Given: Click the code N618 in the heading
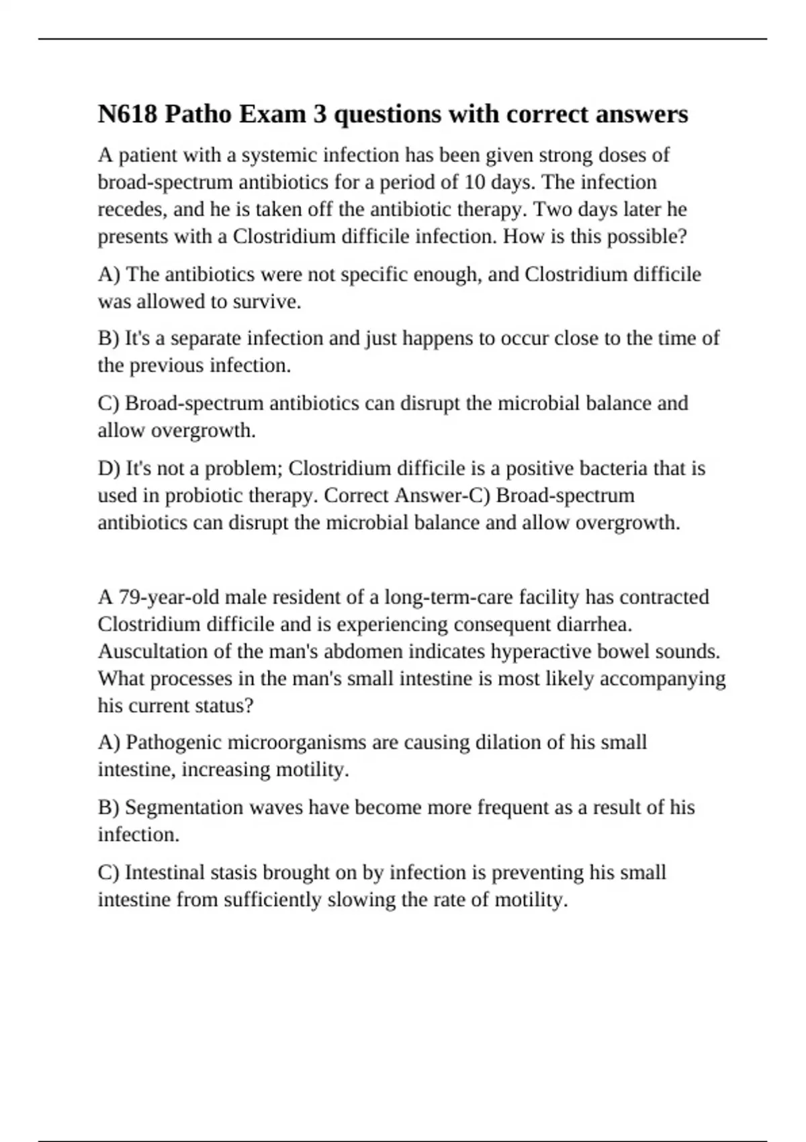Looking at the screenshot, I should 128,114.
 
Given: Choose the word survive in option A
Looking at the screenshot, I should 266,302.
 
